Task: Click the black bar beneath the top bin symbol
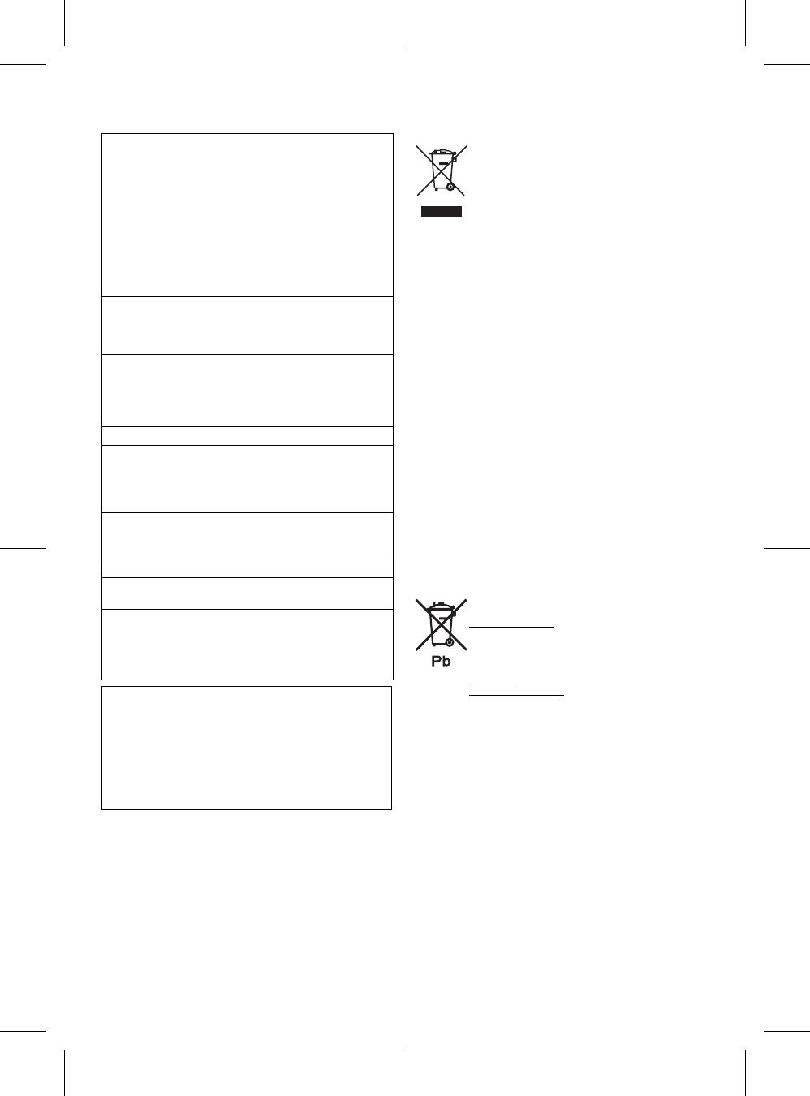coord(442,212)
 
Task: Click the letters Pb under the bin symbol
coord(441,662)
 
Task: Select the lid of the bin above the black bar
coord(442,152)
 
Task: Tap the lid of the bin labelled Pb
coord(441,606)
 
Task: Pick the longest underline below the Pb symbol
coord(516,696)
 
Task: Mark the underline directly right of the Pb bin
coord(511,627)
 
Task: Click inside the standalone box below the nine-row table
coord(247,748)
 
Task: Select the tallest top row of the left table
coord(247,215)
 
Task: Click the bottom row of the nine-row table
coord(247,644)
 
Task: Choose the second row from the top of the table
coord(247,326)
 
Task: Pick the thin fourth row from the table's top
coord(247,436)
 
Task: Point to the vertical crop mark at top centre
coord(403,22)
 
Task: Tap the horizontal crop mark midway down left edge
coord(23,548)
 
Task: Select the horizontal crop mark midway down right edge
coord(787,548)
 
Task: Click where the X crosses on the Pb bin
coord(442,624)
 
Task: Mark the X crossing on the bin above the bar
coord(442,170)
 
